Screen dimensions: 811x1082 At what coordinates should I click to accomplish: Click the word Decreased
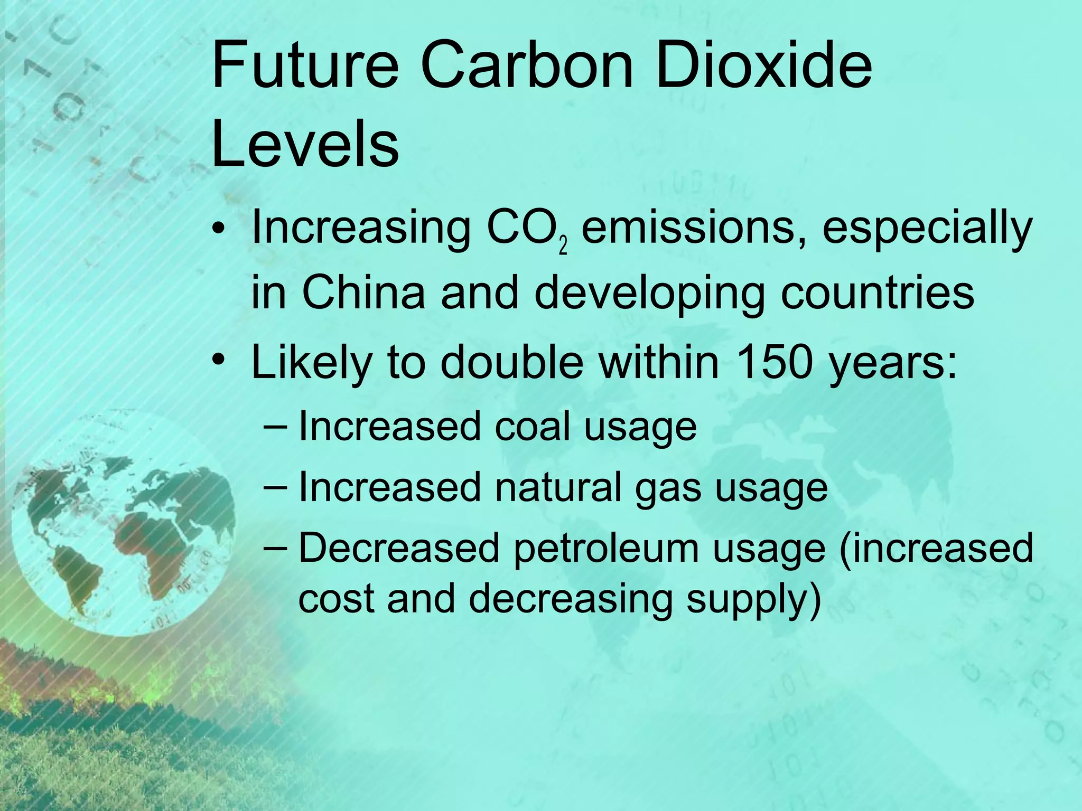point(399,548)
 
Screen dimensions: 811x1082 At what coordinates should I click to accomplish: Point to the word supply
point(753,599)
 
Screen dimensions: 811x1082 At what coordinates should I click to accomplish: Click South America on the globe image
point(79,576)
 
